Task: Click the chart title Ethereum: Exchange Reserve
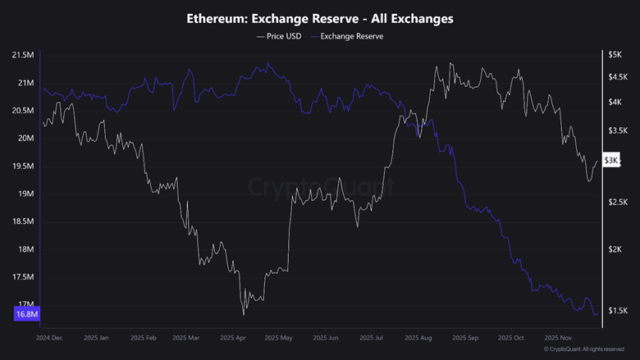pos(320,18)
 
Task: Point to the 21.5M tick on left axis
pos(22,55)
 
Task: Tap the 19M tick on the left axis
pos(25,194)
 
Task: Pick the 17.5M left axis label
pos(22,277)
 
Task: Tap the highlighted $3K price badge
pos(611,160)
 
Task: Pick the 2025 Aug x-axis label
pos(419,337)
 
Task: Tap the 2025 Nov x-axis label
pos(557,337)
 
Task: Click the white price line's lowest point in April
pos(244,314)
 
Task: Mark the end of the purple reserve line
pos(597,314)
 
